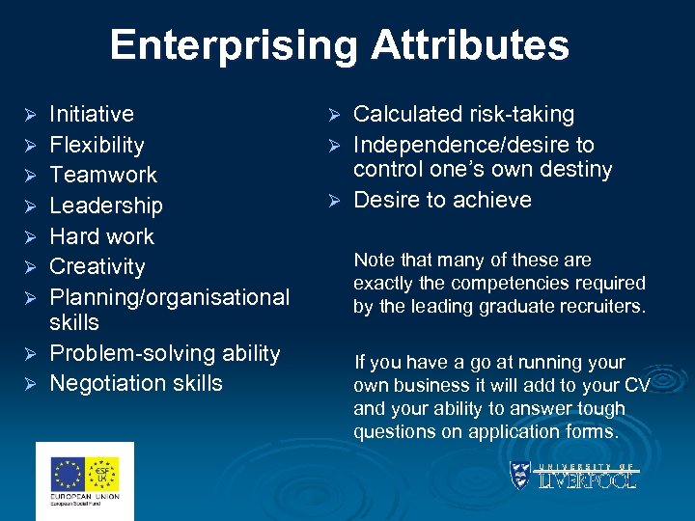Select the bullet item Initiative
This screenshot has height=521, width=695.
click(92, 114)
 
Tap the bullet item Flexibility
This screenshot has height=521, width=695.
click(97, 145)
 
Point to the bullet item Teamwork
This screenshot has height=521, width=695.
click(102, 175)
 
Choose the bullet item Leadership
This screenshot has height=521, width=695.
click(106, 206)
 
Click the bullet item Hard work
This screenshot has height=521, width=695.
click(101, 236)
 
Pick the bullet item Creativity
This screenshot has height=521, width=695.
click(97, 266)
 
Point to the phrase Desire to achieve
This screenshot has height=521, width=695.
click(442, 200)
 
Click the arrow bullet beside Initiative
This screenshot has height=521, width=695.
click(29, 115)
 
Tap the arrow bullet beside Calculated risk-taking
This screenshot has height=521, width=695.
click(333, 115)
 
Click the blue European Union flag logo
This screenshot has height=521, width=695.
click(69, 474)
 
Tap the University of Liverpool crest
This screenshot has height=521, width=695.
click(520, 475)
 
